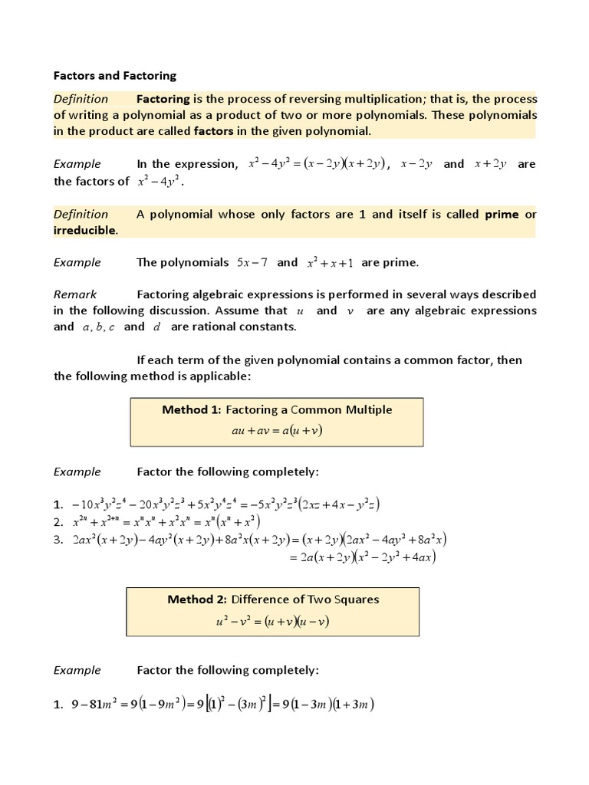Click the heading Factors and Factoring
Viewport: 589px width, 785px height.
pyautogui.click(x=115, y=75)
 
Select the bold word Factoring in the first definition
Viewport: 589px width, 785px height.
pyautogui.click(x=163, y=99)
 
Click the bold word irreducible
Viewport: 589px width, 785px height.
pyautogui.click(x=85, y=230)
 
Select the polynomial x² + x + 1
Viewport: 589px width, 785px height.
pyautogui.click(x=331, y=263)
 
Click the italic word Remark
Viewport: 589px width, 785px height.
pyautogui.click(x=75, y=294)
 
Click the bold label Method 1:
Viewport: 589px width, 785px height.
pyautogui.click(x=192, y=409)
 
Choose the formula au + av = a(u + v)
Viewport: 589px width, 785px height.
pyautogui.click(x=277, y=430)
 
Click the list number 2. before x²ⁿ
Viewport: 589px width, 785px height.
pyautogui.click(x=58, y=521)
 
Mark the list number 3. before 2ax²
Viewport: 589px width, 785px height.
pyautogui.click(x=58, y=540)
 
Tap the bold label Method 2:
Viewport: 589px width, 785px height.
pyautogui.click(x=198, y=599)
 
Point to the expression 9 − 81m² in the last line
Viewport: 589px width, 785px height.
pyautogui.click(x=96, y=705)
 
